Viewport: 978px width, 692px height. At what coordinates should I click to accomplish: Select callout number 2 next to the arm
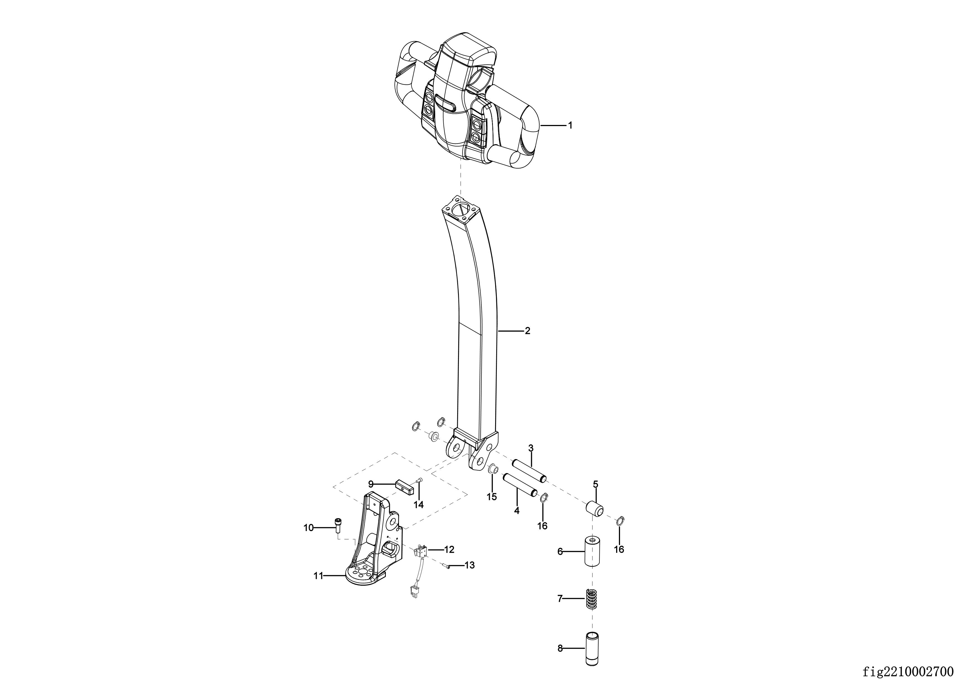coord(527,331)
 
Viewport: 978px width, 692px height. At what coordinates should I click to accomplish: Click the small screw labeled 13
coord(446,566)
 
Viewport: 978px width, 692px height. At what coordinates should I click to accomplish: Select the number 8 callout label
coord(560,648)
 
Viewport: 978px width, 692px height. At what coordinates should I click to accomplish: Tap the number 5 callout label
coord(595,484)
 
